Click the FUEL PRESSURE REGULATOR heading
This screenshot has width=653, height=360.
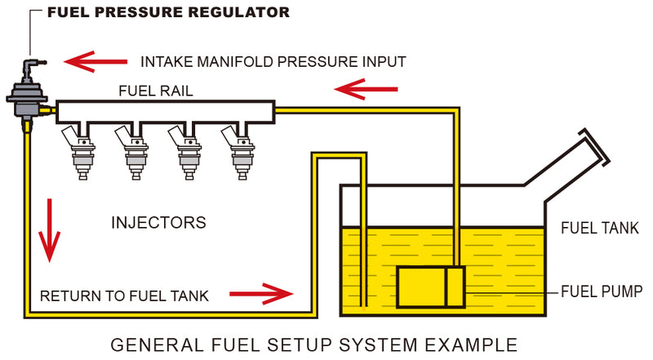tap(167, 12)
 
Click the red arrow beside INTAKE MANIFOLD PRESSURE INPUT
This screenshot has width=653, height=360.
tap(96, 61)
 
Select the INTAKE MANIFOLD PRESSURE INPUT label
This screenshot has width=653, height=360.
tap(273, 61)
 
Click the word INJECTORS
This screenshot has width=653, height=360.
tap(158, 222)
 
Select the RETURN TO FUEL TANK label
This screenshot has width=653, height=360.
tap(124, 295)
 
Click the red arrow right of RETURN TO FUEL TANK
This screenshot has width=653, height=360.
tap(260, 292)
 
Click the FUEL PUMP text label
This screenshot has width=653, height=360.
tap(603, 291)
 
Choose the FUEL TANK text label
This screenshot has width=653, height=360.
tap(599, 229)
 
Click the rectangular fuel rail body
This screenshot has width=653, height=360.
tap(163, 111)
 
